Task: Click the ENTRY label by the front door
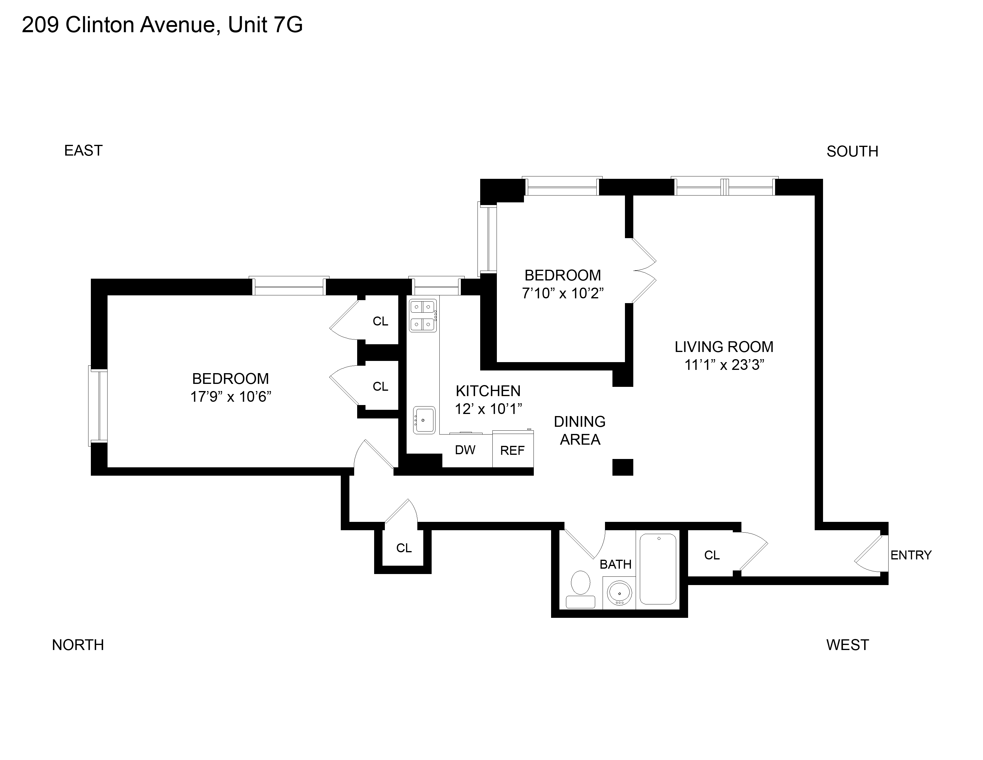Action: click(911, 555)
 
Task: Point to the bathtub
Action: click(658, 569)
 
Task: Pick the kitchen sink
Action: click(424, 420)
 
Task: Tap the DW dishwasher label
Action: click(465, 450)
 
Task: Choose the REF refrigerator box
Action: click(513, 450)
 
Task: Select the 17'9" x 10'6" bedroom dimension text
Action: click(231, 397)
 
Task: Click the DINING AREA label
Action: click(580, 430)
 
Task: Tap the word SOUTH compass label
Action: click(852, 152)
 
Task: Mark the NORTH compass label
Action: click(78, 645)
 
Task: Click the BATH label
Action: click(615, 564)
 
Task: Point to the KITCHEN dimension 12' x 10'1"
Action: click(488, 409)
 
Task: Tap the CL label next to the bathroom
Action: click(712, 555)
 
